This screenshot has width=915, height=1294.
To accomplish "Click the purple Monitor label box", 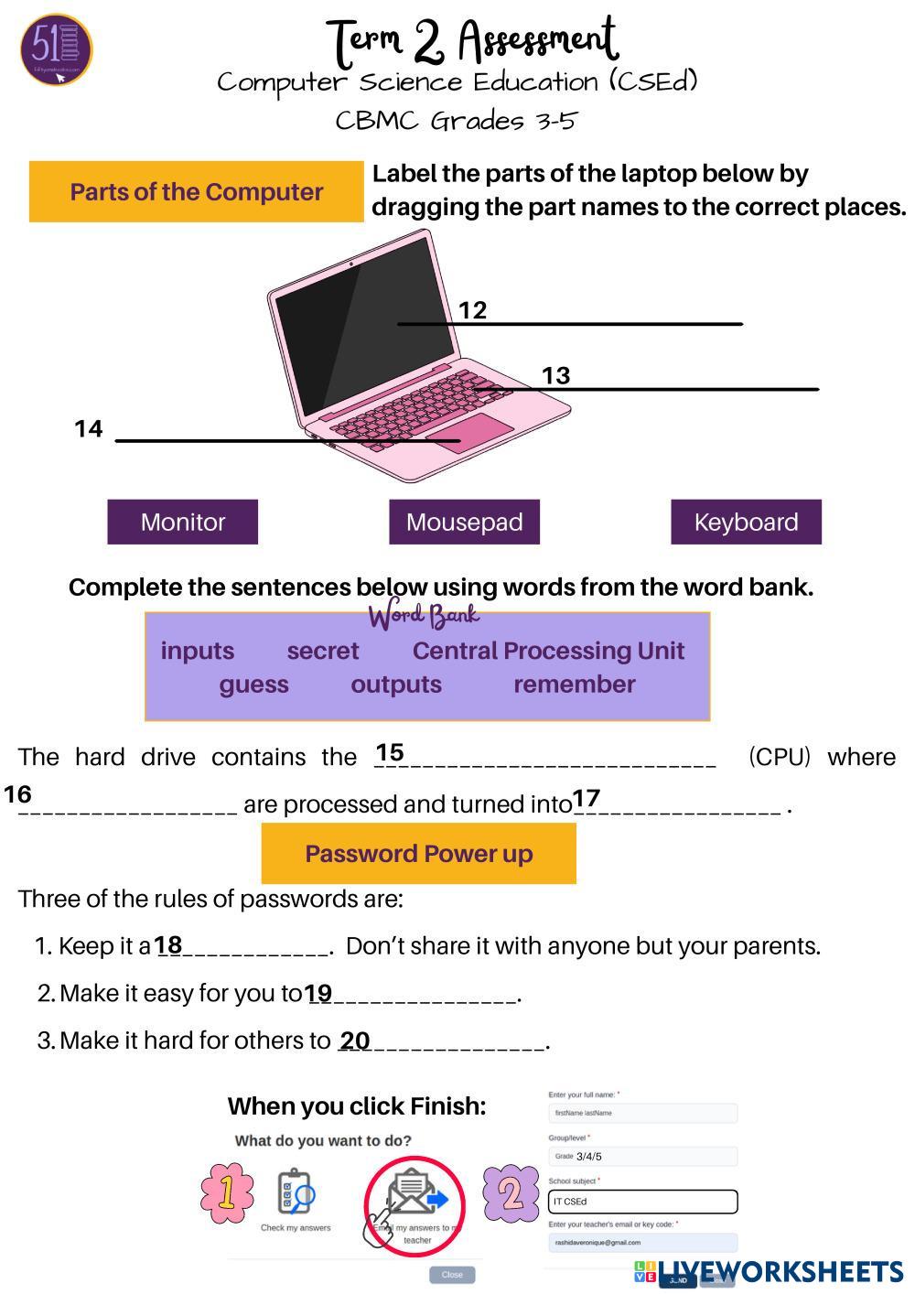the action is [182, 522].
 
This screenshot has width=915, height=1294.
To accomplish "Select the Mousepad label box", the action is [464, 522].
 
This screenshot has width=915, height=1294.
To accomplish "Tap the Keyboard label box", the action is [746, 522].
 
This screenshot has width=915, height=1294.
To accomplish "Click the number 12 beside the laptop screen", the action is [472, 310].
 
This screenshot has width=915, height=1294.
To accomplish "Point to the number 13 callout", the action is [555, 375].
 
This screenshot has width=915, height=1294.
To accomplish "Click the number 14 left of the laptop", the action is [88, 428].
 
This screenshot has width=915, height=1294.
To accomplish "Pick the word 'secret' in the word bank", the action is [322, 651].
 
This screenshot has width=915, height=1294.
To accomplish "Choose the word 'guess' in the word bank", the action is [253, 685].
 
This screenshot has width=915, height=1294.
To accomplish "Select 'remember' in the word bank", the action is [574, 685].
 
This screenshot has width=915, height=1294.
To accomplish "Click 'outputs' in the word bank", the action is [395, 685].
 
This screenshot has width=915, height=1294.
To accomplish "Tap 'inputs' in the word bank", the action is [198, 651].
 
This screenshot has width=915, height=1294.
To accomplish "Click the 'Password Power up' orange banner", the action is [418, 853].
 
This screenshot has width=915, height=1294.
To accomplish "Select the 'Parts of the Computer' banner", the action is [196, 192].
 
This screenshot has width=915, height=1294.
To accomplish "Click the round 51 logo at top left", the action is [56, 49].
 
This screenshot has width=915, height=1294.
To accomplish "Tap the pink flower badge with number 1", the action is [226, 1192].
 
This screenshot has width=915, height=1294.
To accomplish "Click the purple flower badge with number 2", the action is [511, 1192].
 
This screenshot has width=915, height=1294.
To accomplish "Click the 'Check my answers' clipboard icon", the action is [295, 1193].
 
